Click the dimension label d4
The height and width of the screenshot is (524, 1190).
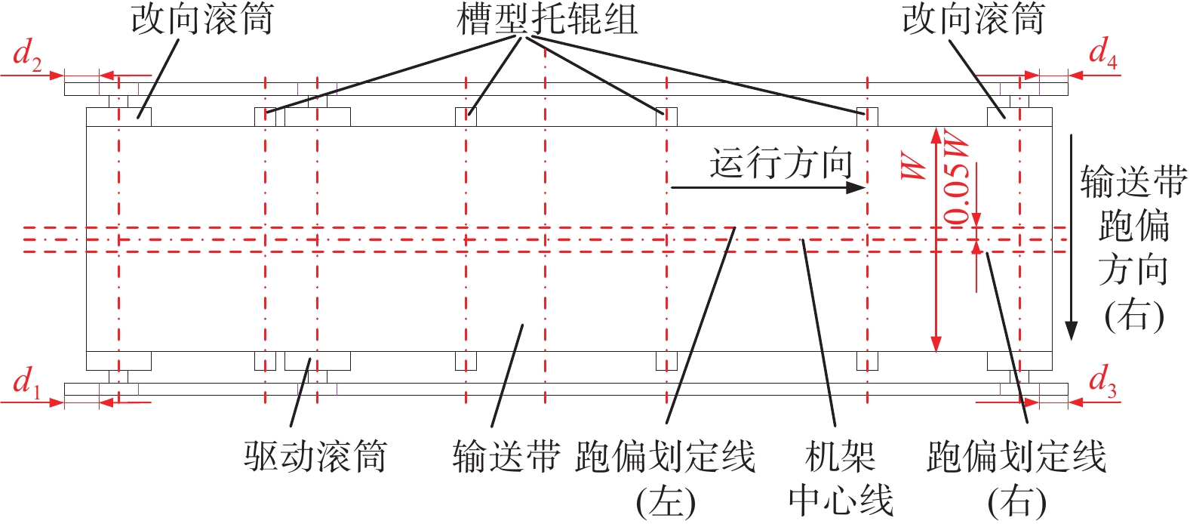click(x=1103, y=54)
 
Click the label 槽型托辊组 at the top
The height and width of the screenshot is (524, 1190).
click(x=547, y=20)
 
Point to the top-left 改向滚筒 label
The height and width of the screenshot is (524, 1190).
click(x=202, y=19)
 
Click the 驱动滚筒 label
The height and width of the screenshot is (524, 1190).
click(x=315, y=457)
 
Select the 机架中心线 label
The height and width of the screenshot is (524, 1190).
click(x=841, y=478)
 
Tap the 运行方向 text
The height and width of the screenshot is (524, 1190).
click(x=781, y=163)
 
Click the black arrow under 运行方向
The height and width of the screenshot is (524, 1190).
click(x=768, y=187)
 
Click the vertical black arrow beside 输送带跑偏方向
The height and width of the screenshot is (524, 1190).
click(x=1072, y=237)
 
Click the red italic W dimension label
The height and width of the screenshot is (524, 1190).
click(x=913, y=166)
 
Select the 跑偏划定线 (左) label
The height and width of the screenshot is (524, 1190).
click(x=665, y=478)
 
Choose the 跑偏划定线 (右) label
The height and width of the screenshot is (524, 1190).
click(x=1016, y=478)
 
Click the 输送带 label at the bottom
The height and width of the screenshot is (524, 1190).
click(x=506, y=457)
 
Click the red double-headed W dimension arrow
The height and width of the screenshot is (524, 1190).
click(x=936, y=239)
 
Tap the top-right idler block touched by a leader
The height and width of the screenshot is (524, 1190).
click(x=867, y=117)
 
